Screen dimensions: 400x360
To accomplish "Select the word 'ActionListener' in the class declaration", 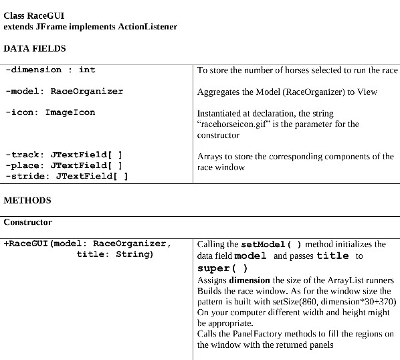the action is pos(148,26).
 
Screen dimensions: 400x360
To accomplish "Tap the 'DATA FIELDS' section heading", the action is pos(35,48).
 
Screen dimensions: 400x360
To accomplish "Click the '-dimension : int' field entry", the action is pos(50,70).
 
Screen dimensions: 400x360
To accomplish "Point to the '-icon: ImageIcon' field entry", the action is pos(50,112).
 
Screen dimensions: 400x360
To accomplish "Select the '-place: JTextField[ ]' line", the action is pos(64,165).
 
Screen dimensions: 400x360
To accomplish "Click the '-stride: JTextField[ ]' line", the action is pos(66,176).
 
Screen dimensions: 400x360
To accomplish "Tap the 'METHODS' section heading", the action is pos(27,200).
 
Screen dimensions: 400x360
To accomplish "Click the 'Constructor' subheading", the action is pos(28,221).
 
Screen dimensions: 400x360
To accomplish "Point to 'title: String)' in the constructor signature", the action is pos(115,254).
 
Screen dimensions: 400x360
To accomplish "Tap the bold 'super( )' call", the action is pos(223,268).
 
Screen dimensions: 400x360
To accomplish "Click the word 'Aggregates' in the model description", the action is pos(219,92).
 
